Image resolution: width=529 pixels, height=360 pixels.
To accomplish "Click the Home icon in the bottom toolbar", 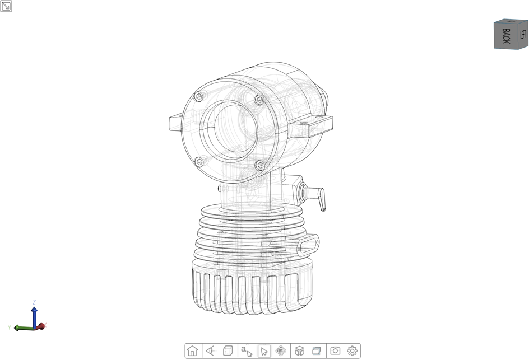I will point(192,351).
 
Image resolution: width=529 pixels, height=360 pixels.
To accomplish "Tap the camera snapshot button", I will point(335,351).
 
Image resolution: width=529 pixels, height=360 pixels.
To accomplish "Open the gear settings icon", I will point(352,351).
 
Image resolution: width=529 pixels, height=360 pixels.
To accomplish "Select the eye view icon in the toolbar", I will point(210,351).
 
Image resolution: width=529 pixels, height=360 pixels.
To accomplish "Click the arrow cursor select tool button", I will point(263,351).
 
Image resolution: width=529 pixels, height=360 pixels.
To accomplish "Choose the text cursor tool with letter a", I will point(246,351).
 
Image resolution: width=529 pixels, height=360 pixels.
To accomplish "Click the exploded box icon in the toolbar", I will point(299,351).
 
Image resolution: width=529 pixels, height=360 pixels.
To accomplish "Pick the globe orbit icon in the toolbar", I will point(281,351).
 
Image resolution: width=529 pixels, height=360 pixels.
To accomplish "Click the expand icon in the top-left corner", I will point(6,6).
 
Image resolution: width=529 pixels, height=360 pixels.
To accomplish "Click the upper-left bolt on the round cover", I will point(198,96).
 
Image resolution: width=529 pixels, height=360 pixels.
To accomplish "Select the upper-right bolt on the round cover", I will point(259,100).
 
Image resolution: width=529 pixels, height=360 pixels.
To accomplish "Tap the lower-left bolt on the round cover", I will point(199,162).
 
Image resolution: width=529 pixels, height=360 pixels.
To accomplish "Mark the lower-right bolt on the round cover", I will point(259,165).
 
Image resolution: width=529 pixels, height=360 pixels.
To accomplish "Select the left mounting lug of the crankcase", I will point(175,121).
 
